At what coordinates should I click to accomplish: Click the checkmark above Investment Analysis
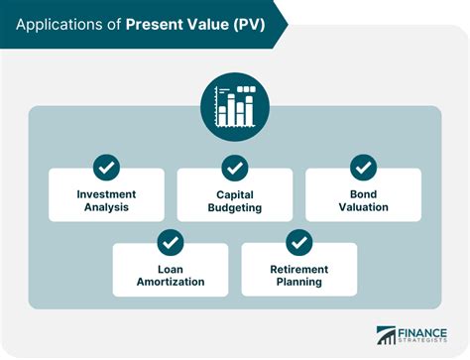pyautogui.click(x=106, y=167)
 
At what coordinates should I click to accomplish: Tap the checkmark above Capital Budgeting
pyautogui.click(x=235, y=167)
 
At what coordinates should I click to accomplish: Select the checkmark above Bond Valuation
pyautogui.click(x=364, y=167)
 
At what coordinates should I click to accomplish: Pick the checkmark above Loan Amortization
pyautogui.click(x=171, y=241)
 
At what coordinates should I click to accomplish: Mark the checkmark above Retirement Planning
pyautogui.click(x=299, y=241)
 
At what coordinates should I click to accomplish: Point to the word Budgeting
pyautogui.click(x=235, y=207)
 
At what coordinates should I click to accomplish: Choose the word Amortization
pyautogui.click(x=171, y=282)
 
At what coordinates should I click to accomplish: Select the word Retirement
pyautogui.click(x=299, y=268)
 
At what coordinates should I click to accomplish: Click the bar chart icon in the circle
pyautogui.click(x=235, y=106)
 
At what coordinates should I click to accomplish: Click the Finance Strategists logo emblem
pyautogui.click(x=386, y=336)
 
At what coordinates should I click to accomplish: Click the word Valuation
pyautogui.click(x=364, y=207)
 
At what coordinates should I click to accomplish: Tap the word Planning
pyautogui.click(x=299, y=282)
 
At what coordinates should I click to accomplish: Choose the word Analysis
pyautogui.click(x=106, y=207)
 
